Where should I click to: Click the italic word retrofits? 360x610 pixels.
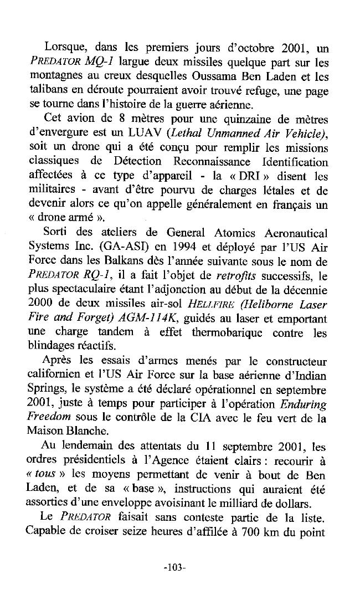(233, 276)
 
